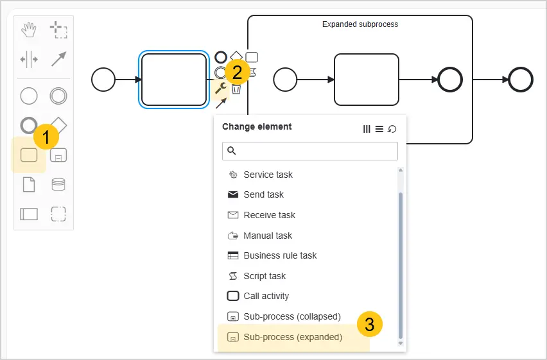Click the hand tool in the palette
29,30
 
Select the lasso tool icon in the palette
58,30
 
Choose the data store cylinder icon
58,185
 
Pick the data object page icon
29,185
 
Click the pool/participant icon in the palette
29,214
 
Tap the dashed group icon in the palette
58,214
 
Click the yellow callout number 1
46,137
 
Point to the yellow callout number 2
237,73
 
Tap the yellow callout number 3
370,325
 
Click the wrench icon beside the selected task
221,89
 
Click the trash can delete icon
236,89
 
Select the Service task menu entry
268,175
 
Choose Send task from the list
263,194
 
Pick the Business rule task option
280,255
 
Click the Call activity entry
266,296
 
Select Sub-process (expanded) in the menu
293,337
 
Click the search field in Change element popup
310,151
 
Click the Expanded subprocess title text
360,24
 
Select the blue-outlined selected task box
174,80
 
